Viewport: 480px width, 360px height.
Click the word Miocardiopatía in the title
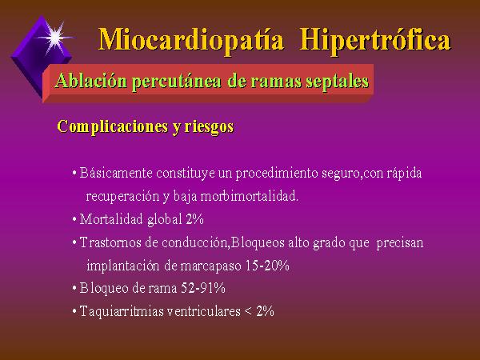[x=191, y=40]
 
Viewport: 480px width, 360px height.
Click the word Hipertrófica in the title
[x=375, y=40]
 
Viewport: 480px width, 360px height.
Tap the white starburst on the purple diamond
[x=55, y=37]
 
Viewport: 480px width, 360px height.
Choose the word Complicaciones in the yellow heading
[x=113, y=126]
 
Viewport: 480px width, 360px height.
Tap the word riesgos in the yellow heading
[x=209, y=127]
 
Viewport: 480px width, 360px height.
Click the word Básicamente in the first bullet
[x=116, y=173]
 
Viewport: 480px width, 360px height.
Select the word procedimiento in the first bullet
[x=277, y=174]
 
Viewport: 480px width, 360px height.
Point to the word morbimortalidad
[x=249, y=196]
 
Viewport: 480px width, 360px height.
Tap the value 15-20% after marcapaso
[x=267, y=266]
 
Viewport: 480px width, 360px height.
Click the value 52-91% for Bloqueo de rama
[x=203, y=288]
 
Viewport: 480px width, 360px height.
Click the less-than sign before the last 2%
[x=248, y=312]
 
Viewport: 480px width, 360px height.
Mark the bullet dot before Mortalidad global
[x=74, y=219]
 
